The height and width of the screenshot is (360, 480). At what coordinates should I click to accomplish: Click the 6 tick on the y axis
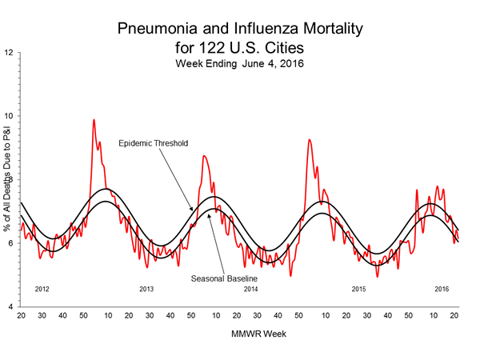click(10, 243)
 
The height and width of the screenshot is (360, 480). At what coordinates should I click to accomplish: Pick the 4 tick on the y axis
click(10, 307)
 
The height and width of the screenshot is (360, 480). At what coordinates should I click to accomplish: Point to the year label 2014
click(251, 288)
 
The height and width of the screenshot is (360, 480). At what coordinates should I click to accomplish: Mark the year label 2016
click(441, 288)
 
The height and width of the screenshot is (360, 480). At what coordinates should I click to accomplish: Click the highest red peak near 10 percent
click(94, 121)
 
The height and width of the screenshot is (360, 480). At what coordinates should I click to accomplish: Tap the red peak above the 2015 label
click(309, 140)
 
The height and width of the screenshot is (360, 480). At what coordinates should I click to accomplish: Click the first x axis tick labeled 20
click(22, 318)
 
